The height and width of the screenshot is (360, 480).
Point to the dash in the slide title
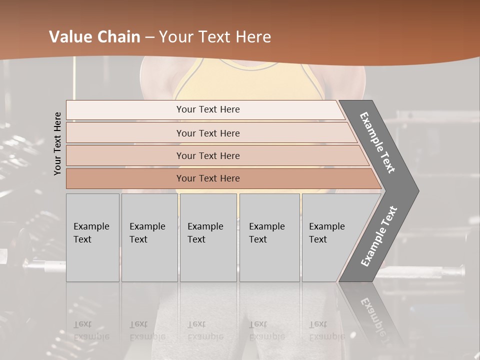(x=152, y=37)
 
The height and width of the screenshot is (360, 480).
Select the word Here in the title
(x=252, y=37)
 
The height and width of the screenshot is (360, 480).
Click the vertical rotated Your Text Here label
(x=58, y=143)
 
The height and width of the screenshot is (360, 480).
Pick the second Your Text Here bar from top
(x=208, y=133)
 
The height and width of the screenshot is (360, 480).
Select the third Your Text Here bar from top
(x=208, y=155)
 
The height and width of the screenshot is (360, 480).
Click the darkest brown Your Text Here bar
(x=208, y=178)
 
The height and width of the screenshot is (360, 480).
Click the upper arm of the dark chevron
(x=378, y=142)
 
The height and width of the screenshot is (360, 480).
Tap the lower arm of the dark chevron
(x=378, y=237)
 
